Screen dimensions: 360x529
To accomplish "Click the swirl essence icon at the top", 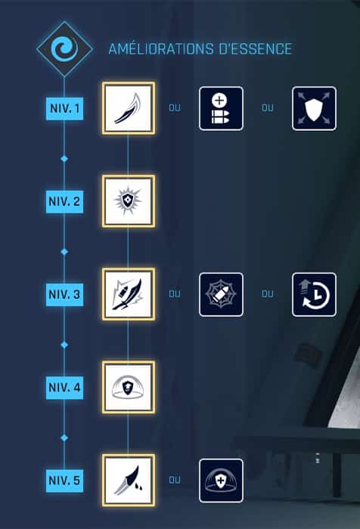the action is pos(64,49).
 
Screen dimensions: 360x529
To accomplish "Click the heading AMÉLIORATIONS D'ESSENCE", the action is pos(200,49).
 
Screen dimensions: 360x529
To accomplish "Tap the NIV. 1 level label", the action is pos(64,108).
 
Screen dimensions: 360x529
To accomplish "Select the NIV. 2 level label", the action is pos(64,201).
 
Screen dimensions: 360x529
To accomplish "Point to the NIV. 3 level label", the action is pos(64,294).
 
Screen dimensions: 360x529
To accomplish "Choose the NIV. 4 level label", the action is pos(64,387).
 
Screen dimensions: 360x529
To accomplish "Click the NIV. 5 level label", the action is pos(64,481).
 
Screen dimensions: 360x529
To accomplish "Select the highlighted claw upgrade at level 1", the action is pos(129,108).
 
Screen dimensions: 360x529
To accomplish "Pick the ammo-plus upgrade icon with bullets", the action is pos(221,108).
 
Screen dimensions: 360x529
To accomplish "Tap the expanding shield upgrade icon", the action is pos(314,108).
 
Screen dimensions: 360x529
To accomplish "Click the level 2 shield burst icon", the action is pos(129,201).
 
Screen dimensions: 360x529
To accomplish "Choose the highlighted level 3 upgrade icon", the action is pos(129,294).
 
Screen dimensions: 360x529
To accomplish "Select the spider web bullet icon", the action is pos(221,294).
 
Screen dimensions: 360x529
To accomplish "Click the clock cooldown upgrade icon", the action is pos(314,294).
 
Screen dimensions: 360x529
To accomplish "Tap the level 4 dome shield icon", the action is pos(129,387).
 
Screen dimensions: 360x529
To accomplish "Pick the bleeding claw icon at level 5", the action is pos(129,481).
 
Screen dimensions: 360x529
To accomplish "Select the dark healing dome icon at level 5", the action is pos(221,481).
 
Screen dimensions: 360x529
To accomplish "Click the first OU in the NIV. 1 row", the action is pos(175,108).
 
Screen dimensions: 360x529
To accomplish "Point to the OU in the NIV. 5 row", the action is pos(175,480).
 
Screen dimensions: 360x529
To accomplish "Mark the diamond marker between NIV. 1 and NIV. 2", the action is pos(64,159).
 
